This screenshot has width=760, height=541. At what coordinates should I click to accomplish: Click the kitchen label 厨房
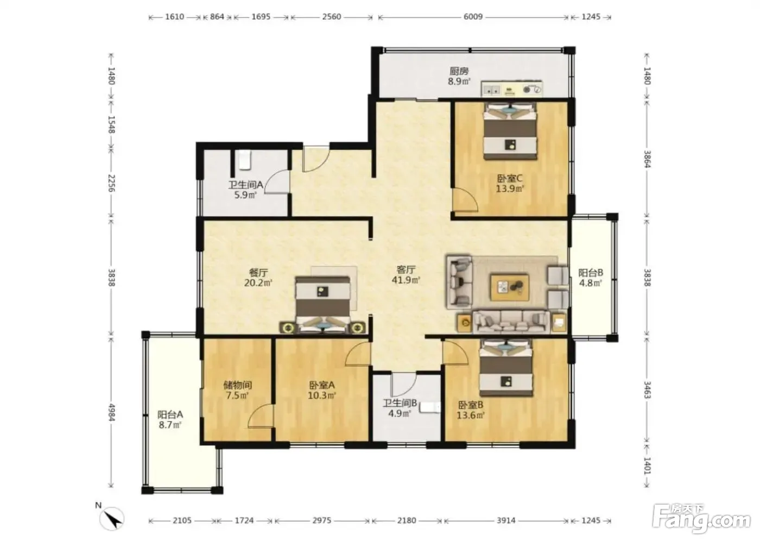tap(459, 71)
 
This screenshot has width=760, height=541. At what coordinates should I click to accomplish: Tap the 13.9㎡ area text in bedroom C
tap(510, 188)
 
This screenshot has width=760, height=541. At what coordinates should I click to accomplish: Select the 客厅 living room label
tap(406, 270)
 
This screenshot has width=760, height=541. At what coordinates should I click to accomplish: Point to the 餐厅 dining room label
tap(258, 273)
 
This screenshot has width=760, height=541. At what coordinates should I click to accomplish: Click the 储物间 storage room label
tap(238, 385)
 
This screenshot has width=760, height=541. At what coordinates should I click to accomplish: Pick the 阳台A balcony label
tap(170, 414)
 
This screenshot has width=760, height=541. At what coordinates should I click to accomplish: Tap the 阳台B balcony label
tap(591, 273)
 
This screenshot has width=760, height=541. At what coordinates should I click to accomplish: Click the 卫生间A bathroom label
tap(245, 185)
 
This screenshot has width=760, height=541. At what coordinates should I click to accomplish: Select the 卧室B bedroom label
tap(471, 405)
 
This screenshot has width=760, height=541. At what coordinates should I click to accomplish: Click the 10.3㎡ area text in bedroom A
tap(322, 395)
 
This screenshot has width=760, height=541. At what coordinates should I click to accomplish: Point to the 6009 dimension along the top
tap(473, 17)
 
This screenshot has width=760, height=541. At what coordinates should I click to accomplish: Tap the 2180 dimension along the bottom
tap(407, 520)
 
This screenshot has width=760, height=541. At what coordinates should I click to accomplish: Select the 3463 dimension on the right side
tap(647, 391)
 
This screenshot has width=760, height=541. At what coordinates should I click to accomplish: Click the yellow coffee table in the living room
tap(509, 287)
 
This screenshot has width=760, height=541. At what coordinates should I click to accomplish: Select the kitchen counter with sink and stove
tap(511, 89)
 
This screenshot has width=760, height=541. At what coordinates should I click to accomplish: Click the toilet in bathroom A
tap(244, 160)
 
